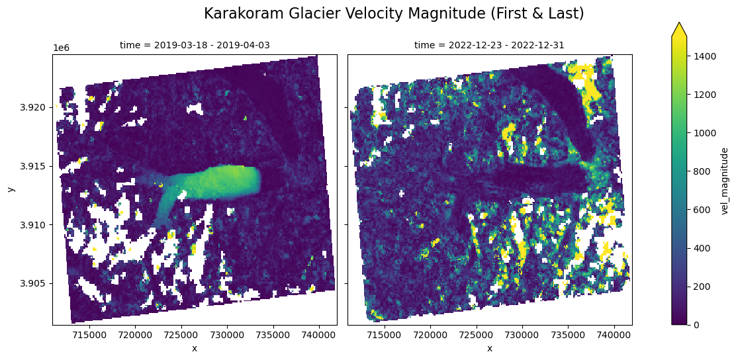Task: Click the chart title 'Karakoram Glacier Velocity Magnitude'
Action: [394, 13]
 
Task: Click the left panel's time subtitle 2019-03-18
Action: [195, 45]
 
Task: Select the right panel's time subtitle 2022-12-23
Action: [489, 45]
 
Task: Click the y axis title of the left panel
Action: [11, 189]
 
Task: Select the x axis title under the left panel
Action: [195, 348]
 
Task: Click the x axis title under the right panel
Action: [490, 348]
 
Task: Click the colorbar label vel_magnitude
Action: [725, 181]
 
